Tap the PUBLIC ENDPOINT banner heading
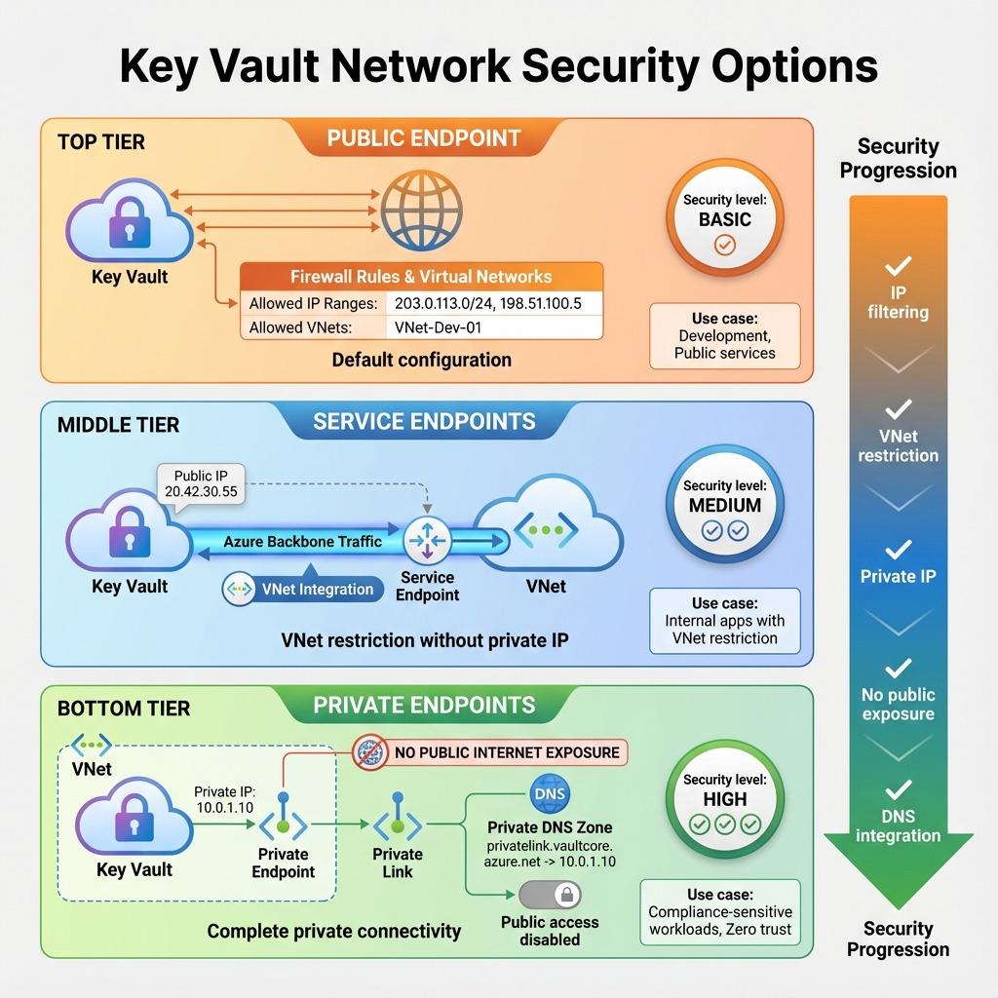(x=423, y=138)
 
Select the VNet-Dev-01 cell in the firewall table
(x=439, y=327)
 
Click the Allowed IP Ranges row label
(x=313, y=303)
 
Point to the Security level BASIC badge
(x=724, y=220)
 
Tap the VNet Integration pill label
(x=303, y=589)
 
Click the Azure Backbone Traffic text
(x=302, y=541)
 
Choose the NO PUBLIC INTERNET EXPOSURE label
(x=507, y=752)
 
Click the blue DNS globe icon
(x=549, y=794)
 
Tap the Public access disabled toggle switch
(x=550, y=895)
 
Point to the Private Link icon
(x=398, y=825)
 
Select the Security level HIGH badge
(x=724, y=800)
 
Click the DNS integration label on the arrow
(x=898, y=825)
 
